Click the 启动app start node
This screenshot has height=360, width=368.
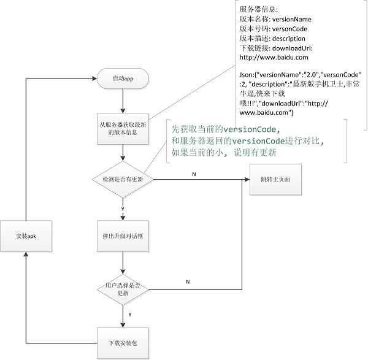(123, 79)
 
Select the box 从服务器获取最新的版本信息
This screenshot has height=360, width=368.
(123, 128)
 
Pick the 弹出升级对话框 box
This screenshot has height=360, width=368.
(123, 236)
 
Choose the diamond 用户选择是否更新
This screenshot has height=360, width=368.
(123, 288)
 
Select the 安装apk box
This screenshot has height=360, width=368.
(27, 236)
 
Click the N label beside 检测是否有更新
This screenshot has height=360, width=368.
(194, 175)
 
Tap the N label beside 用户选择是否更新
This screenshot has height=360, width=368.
(187, 282)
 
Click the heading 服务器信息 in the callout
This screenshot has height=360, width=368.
(258, 10)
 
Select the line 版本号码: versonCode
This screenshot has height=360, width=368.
(274, 29)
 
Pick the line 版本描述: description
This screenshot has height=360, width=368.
(272, 39)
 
